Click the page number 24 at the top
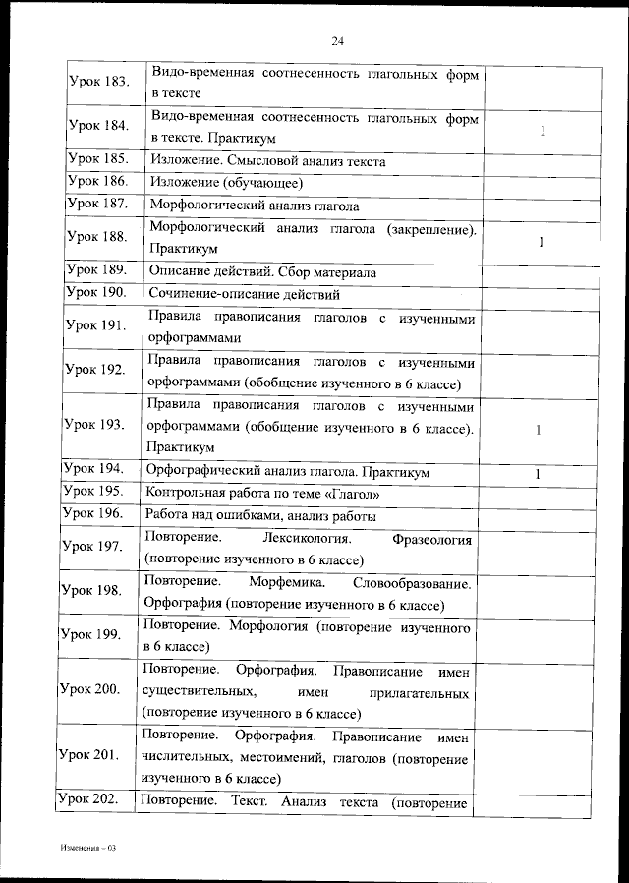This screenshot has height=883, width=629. click(x=337, y=40)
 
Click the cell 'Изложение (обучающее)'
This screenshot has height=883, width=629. click(x=225, y=183)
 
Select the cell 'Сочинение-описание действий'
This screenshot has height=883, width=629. click(x=245, y=293)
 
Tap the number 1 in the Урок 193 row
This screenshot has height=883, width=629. click(x=538, y=430)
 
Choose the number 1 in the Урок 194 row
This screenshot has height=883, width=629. click(x=538, y=474)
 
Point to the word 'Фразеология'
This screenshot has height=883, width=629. click(x=431, y=540)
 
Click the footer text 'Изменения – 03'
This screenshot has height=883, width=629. click(x=87, y=847)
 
